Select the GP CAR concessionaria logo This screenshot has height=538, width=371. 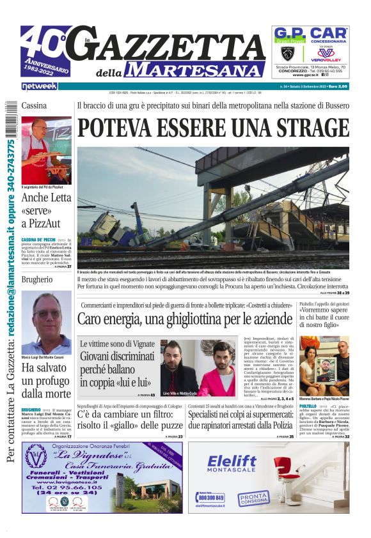coord(311,35)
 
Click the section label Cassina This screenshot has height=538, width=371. coord(34,105)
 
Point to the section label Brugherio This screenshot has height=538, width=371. coord(37,280)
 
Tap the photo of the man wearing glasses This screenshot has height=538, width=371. coord(46,323)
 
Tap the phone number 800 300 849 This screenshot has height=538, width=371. coord(211,497)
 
